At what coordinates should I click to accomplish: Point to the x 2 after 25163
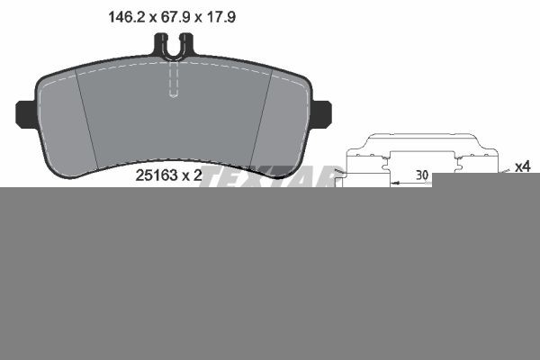[190, 175]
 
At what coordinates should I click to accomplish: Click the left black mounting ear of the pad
[25, 113]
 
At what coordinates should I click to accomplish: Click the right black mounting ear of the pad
[322, 113]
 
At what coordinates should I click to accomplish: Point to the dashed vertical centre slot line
[175, 81]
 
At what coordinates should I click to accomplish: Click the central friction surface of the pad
[174, 117]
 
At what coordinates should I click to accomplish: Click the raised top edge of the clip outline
[418, 139]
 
